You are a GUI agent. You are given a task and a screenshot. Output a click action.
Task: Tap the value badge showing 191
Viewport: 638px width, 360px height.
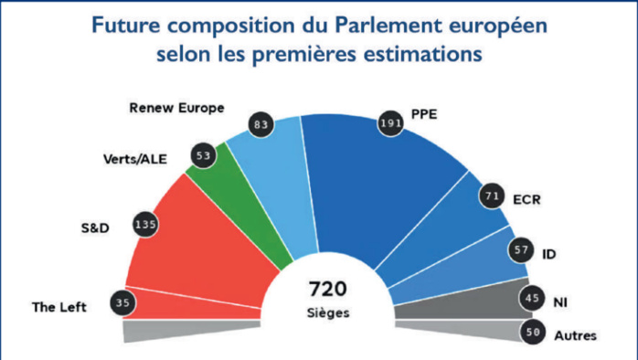tap(389, 123)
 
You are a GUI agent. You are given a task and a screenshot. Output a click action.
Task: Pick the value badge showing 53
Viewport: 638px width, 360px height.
tap(204, 156)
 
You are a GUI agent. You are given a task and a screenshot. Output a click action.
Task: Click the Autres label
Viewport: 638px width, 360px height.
tap(576, 335)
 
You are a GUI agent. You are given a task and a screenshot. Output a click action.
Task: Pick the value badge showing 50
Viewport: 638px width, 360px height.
tap(533, 334)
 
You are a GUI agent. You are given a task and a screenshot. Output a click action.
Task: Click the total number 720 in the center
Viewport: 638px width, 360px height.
tap(327, 290)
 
